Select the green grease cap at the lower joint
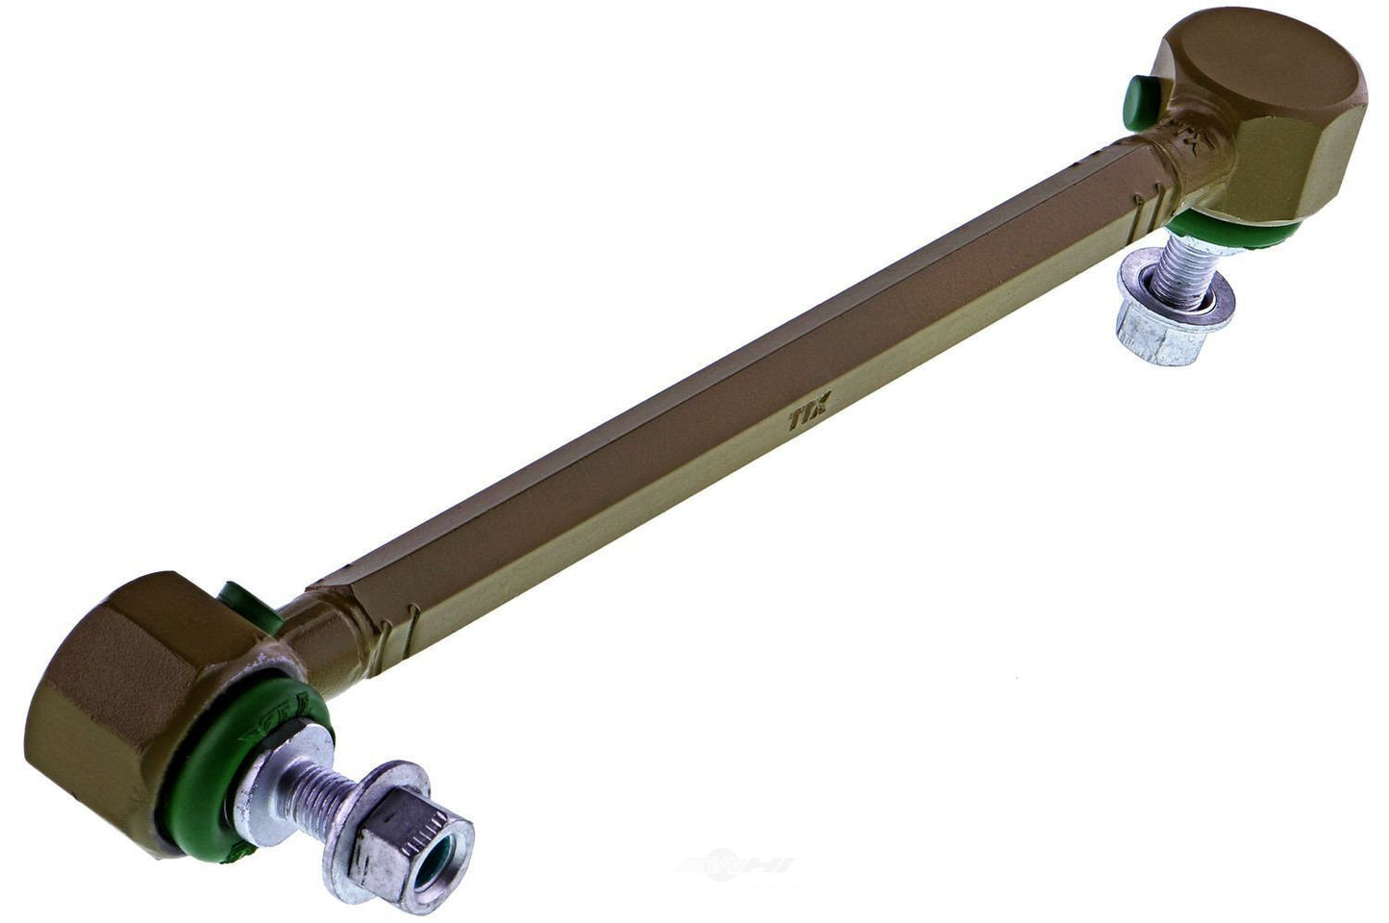point(241,603)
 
